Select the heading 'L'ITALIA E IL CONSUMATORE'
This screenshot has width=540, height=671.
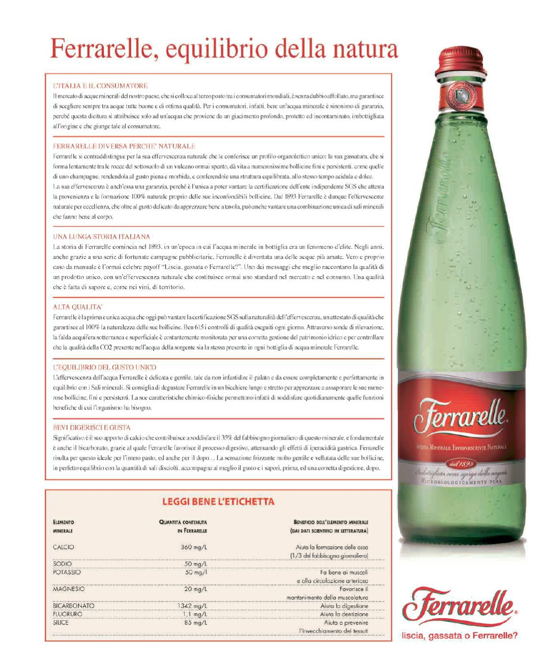(x=100, y=86)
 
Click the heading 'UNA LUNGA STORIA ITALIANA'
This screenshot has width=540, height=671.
(x=101, y=237)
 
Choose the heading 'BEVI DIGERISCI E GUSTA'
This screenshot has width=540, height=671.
(x=91, y=428)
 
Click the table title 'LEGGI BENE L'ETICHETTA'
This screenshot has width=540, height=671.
(x=218, y=502)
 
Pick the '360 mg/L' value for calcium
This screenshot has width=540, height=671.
(x=194, y=547)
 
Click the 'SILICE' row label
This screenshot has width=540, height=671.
(x=61, y=623)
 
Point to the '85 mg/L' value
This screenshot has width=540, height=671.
(x=196, y=623)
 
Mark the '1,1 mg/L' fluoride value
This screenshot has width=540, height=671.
(x=195, y=614)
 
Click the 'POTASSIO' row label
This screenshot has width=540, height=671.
(x=67, y=572)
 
